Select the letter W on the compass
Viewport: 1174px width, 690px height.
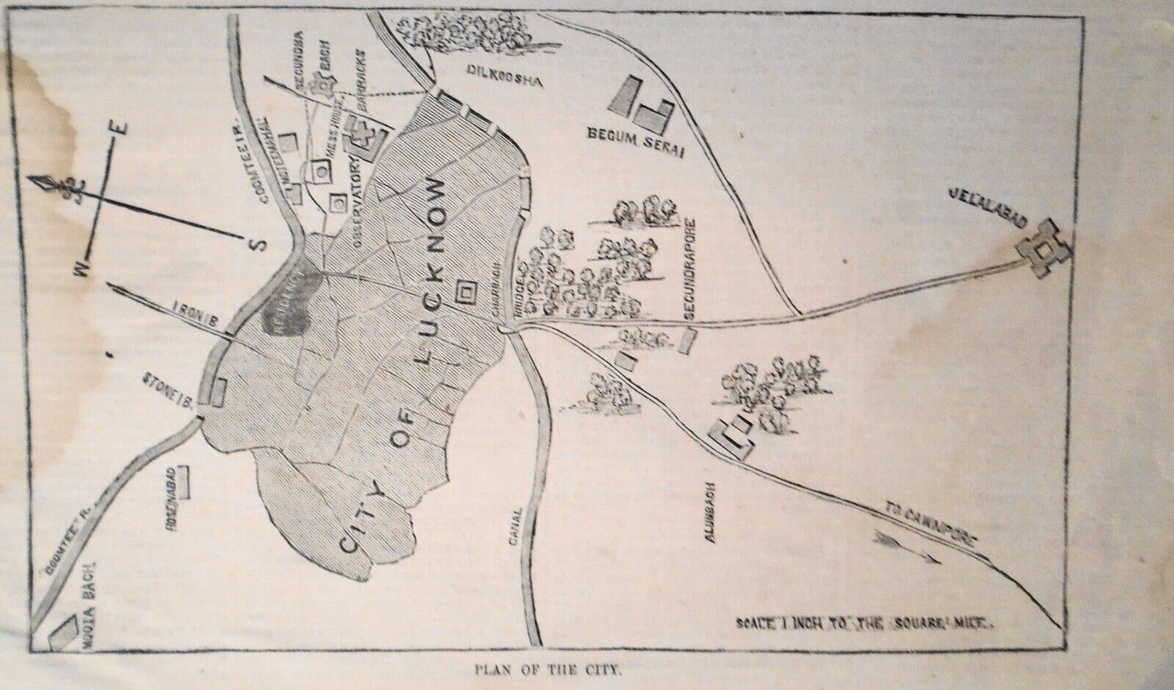pos(82,270)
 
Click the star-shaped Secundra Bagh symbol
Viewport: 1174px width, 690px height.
pos(331,85)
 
